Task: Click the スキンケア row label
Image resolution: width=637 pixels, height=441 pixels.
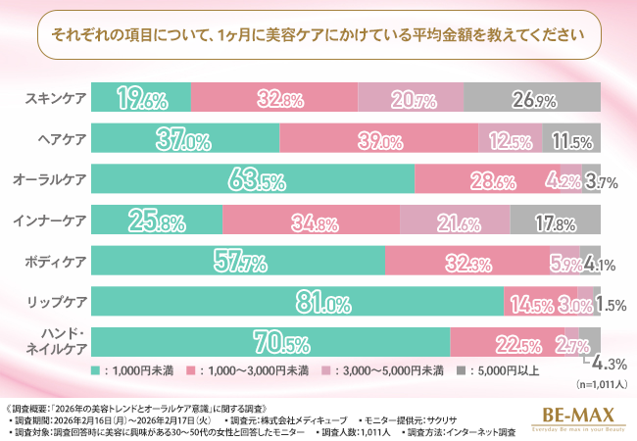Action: pos(57,98)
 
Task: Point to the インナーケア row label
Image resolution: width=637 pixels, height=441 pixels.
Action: pos(54,221)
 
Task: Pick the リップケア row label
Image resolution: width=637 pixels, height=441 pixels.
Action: pos(58,303)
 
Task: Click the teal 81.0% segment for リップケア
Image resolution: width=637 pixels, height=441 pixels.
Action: pos(298,303)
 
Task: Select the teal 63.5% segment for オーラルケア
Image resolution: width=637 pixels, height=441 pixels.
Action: pos(254,180)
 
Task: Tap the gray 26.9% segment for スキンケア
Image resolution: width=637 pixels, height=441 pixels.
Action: pos(531,98)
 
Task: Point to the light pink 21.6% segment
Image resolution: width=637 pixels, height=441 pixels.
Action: pos(454,221)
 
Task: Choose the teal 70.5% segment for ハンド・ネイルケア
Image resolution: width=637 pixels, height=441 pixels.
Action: pos(271,343)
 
